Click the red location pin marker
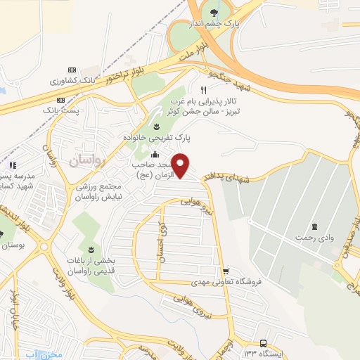(x=181, y=165)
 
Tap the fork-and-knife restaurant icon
(x=203, y=90)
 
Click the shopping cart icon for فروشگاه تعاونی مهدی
(x=225, y=271)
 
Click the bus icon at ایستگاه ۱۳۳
(x=263, y=344)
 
